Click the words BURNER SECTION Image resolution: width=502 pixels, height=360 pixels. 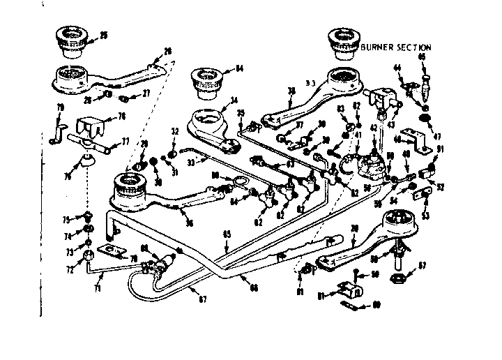(x=397, y=47)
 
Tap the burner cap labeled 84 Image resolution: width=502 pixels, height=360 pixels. (x=207, y=77)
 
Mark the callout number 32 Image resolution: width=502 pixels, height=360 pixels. (x=174, y=130)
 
